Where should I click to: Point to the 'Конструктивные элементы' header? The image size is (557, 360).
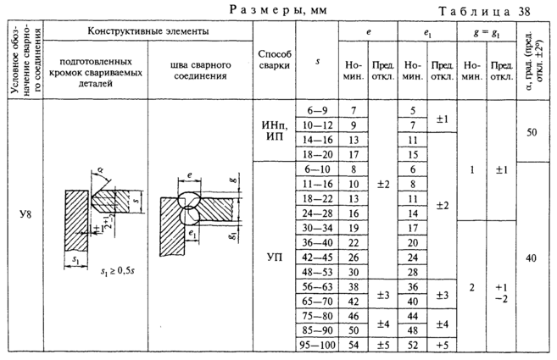148,30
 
